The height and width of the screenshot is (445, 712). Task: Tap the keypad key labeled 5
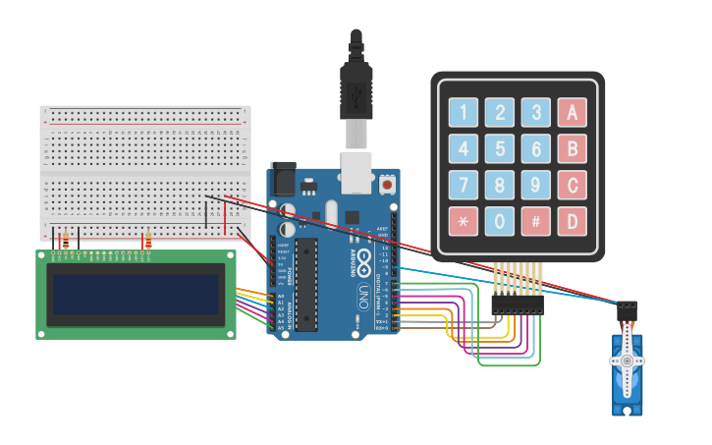pyautogui.click(x=500, y=148)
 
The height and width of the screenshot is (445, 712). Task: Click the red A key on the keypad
pyautogui.click(x=572, y=112)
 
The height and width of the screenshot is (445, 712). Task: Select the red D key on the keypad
pyautogui.click(x=572, y=221)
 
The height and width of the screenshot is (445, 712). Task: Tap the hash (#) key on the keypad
pyautogui.click(x=535, y=221)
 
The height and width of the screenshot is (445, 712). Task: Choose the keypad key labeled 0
pyautogui.click(x=500, y=221)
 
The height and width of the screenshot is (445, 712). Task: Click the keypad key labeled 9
pyautogui.click(x=535, y=185)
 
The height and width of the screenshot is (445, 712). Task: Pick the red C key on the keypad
pyautogui.click(x=572, y=185)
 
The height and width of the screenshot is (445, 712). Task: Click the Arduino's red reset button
pyautogui.click(x=387, y=184)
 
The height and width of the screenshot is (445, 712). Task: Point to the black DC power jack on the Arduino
pyautogui.click(x=283, y=178)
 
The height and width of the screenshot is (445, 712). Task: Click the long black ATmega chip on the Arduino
pyautogui.click(x=305, y=284)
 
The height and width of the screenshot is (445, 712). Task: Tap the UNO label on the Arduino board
pyautogui.click(x=361, y=294)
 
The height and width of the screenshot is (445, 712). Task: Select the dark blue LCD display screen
pyautogui.click(x=137, y=294)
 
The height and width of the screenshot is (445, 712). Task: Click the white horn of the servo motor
pyautogui.click(x=627, y=362)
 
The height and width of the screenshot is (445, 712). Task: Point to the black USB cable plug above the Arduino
pyautogui.click(x=356, y=88)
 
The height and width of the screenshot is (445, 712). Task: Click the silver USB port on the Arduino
pyautogui.click(x=356, y=172)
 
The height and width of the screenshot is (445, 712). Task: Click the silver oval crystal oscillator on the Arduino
pyautogui.click(x=332, y=215)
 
